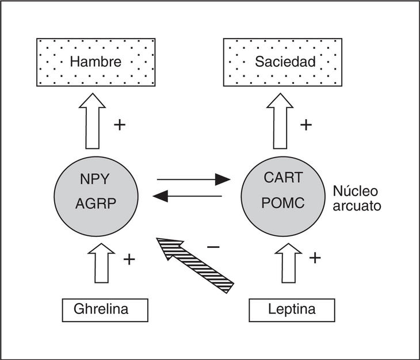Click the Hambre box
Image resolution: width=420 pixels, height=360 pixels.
pyautogui.click(x=96, y=62)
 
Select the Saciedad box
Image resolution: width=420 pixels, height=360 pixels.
pyautogui.click(x=283, y=62)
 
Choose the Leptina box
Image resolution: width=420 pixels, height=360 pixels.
pyautogui.click(x=292, y=309)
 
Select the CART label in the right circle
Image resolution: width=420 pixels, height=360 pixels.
pyautogui.click(x=282, y=178)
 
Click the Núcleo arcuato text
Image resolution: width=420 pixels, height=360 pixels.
pyautogui.click(x=357, y=198)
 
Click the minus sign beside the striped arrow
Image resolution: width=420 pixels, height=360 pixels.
pyautogui.click(x=213, y=247)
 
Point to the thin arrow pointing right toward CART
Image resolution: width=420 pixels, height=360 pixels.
pyautogui.click(x=193, y=179)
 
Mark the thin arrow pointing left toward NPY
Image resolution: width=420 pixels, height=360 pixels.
pyautogui.click(x=188, y=196)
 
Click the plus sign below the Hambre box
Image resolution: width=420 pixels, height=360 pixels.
pyautogui.click(x=120, y=125)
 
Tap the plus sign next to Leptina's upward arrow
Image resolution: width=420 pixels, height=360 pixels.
pyautogui.click(x=315, y=257)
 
